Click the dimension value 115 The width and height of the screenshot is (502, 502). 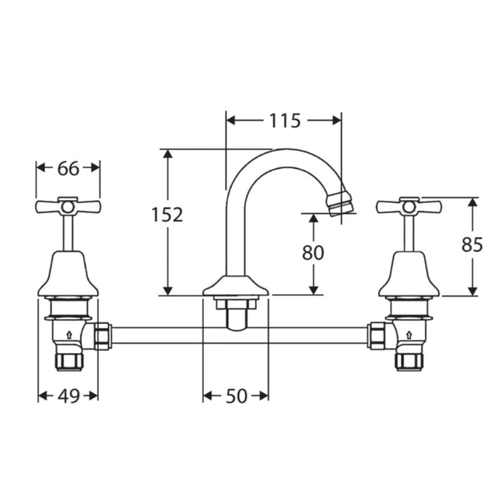(x=285, y=121)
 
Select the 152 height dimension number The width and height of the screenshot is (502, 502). (x=167, y=215)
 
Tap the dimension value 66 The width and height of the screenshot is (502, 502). (x=68, y=168)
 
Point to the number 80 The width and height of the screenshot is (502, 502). (x=313, y=252)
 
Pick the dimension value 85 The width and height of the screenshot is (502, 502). (x=472, y=244)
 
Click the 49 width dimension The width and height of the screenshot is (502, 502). (x=68, y=396)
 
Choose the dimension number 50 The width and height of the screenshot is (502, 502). (x=237, y=396)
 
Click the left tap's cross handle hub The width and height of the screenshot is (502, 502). (x=68, y=207)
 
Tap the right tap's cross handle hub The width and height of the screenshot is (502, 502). (x=409, y=207)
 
